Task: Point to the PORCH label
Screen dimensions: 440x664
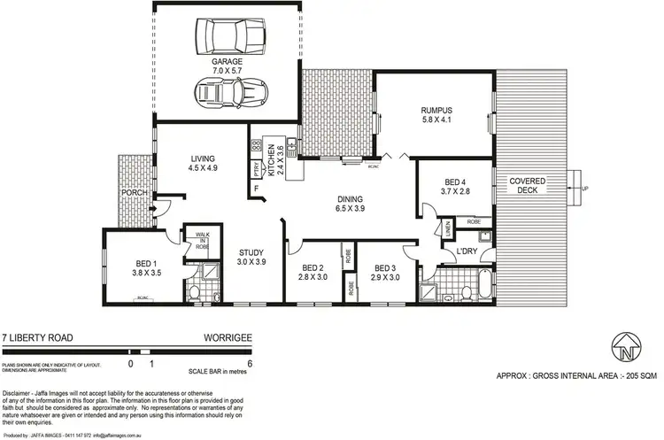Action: (x=135, y=193)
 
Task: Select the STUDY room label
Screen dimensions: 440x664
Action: (x=251, y=252)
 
